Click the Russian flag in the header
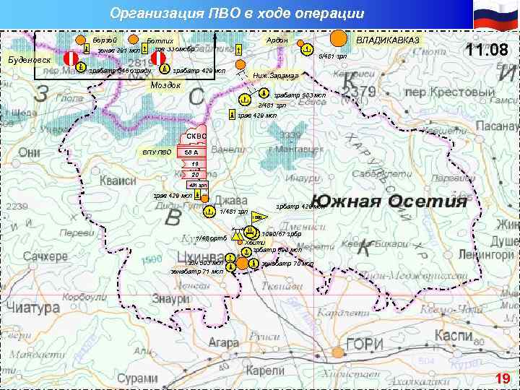495,16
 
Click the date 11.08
487,51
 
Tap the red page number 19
502,378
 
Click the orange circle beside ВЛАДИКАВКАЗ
337,38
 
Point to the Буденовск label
29,59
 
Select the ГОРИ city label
365,344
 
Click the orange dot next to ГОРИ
337,352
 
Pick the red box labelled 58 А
191,152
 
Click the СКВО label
196,136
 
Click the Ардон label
277,40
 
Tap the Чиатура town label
32,308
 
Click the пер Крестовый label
435,92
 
